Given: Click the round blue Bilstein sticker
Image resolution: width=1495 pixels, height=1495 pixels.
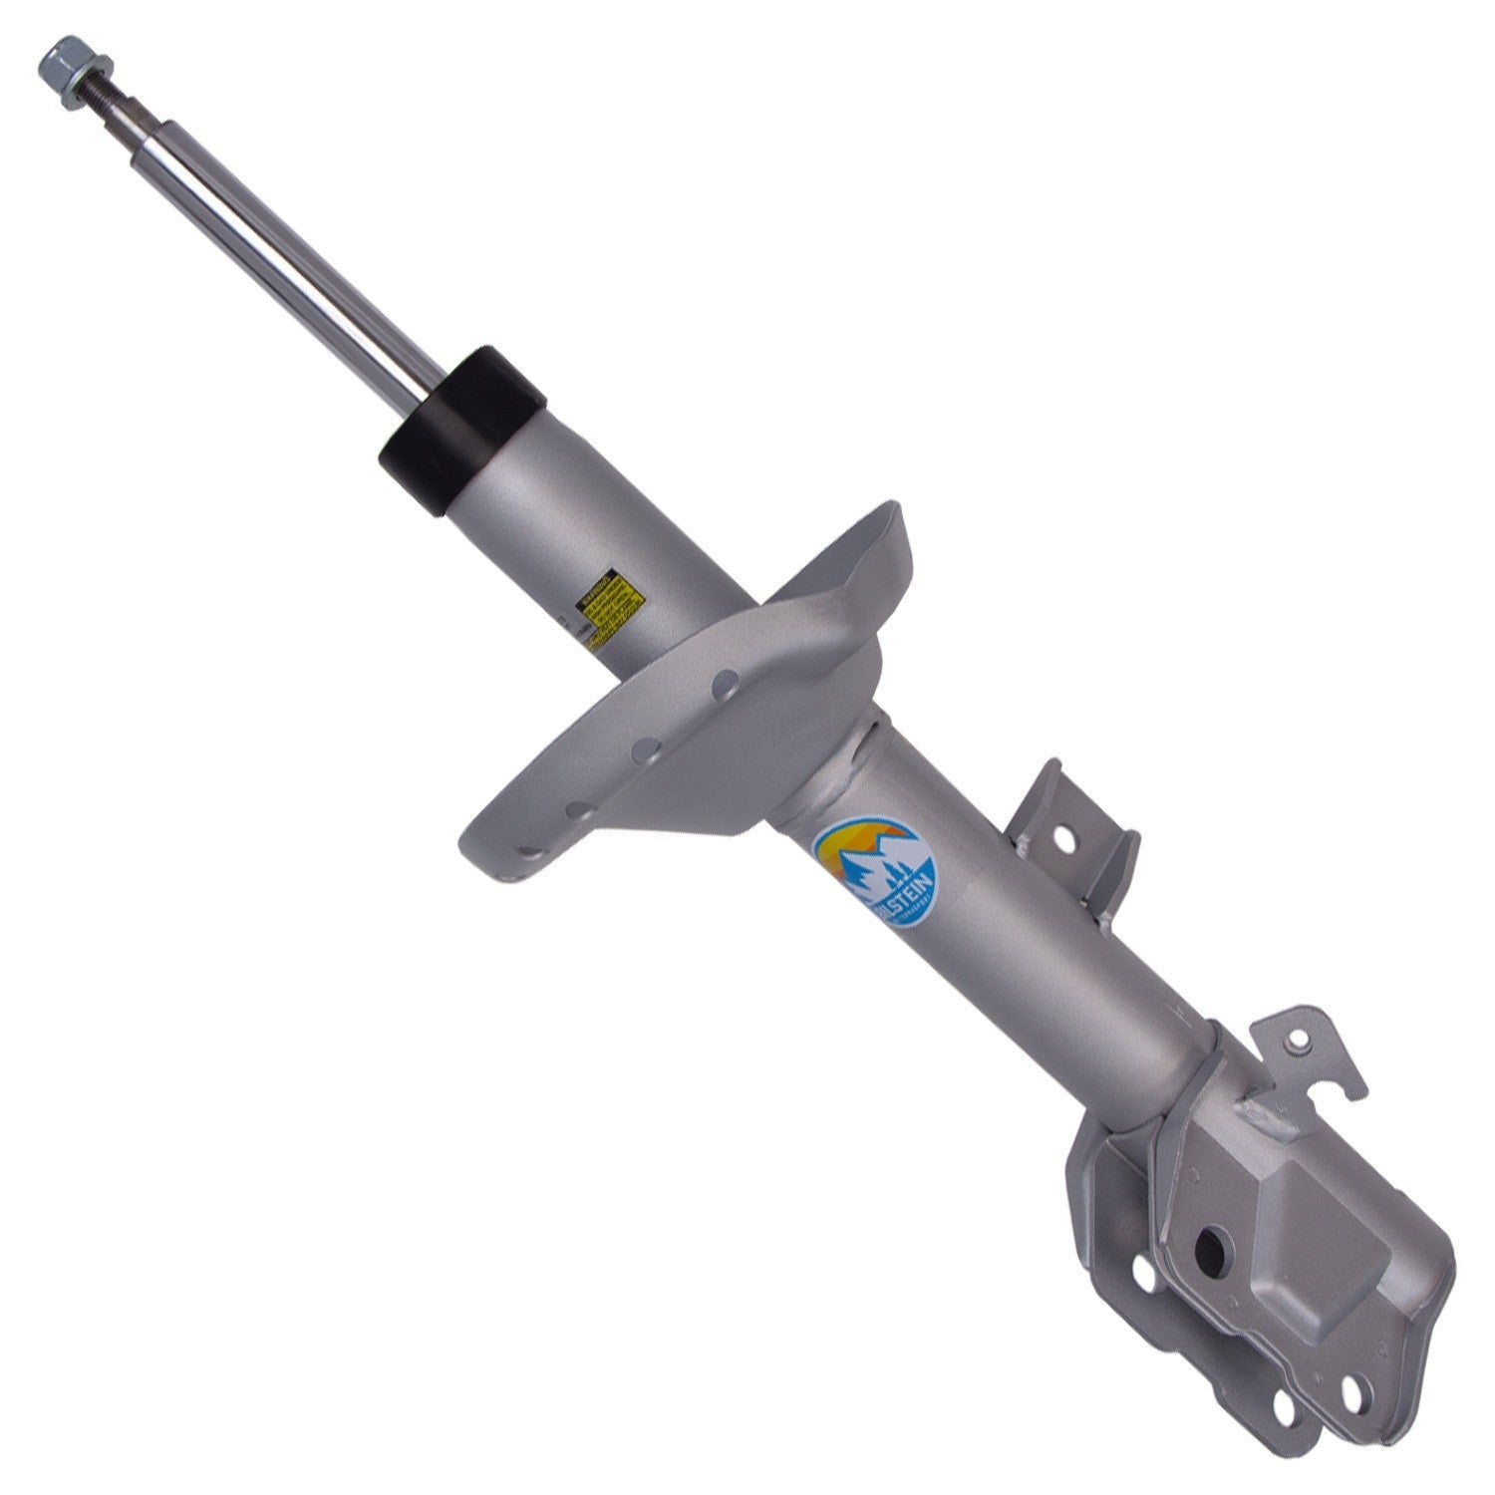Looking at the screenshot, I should pos(875,877).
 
